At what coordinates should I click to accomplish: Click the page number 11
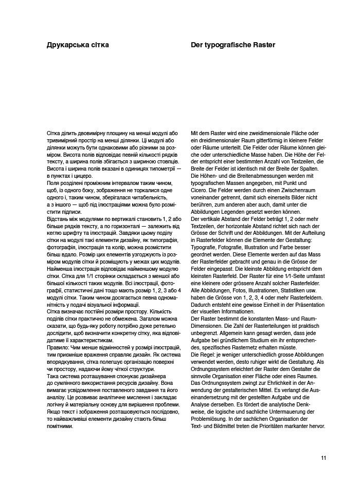pos(323,458)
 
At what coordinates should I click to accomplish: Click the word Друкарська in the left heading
pos(65,45)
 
